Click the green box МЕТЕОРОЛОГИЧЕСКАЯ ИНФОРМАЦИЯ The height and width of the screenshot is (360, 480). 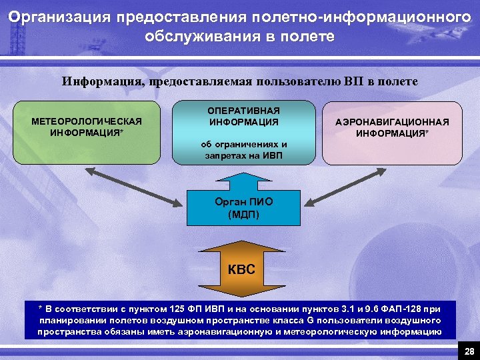coord(87,132)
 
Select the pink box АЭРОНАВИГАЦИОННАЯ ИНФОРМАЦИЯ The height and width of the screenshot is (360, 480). coord(392,132)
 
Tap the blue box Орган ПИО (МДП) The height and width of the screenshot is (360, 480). coord(244,208)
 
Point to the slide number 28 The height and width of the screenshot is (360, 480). coord(469,351)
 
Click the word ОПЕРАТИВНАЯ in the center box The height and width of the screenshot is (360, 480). coord(244,111)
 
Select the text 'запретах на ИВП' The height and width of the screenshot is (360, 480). coord(243,155)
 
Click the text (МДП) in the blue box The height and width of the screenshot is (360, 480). coord(243,215)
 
